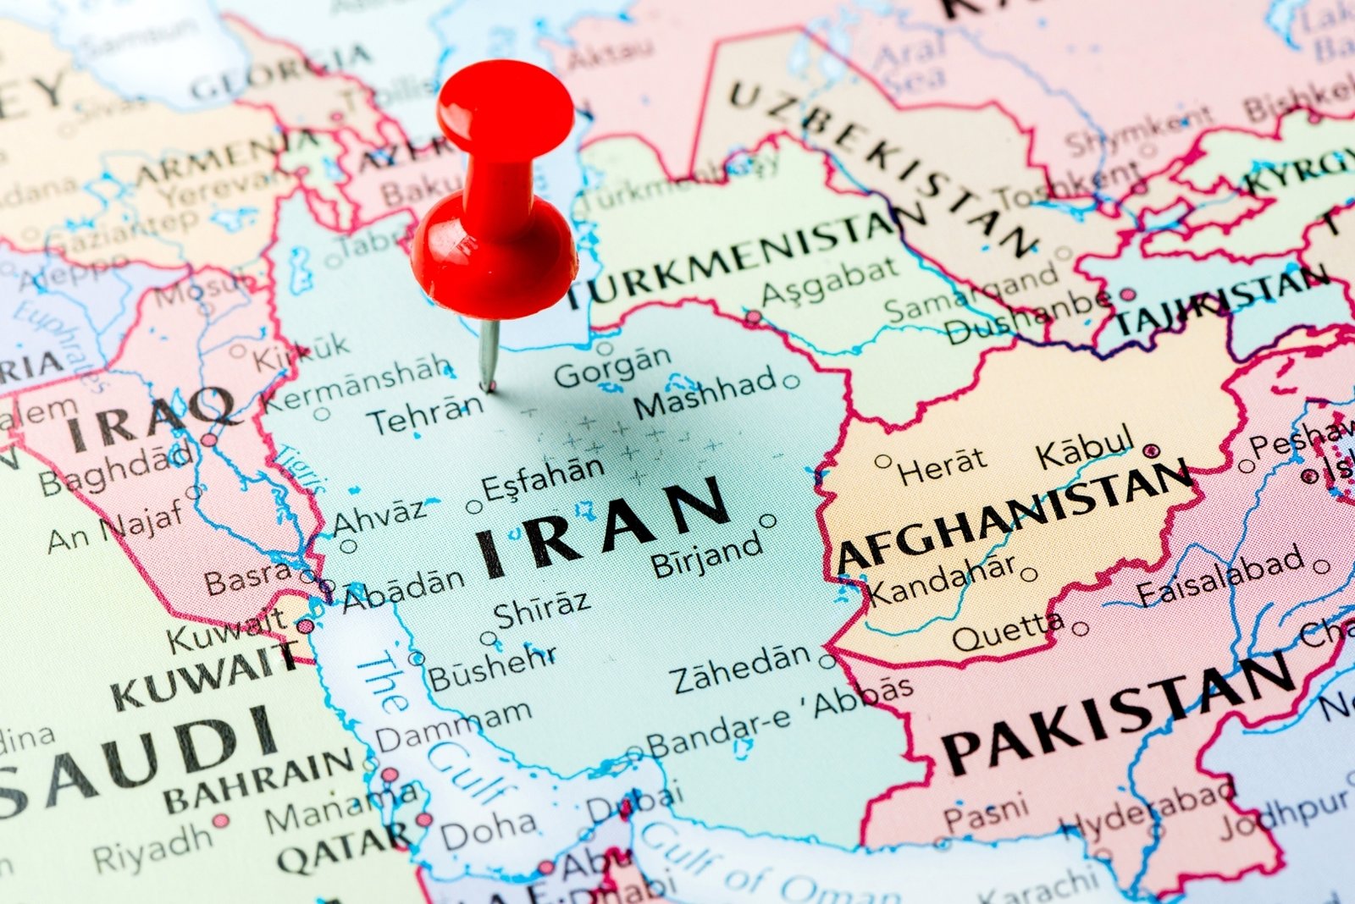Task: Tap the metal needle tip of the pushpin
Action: (488, 388)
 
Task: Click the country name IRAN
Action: (602, 526)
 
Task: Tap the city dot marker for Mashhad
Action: (791, 382)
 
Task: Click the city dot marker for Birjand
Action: (767, 521)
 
